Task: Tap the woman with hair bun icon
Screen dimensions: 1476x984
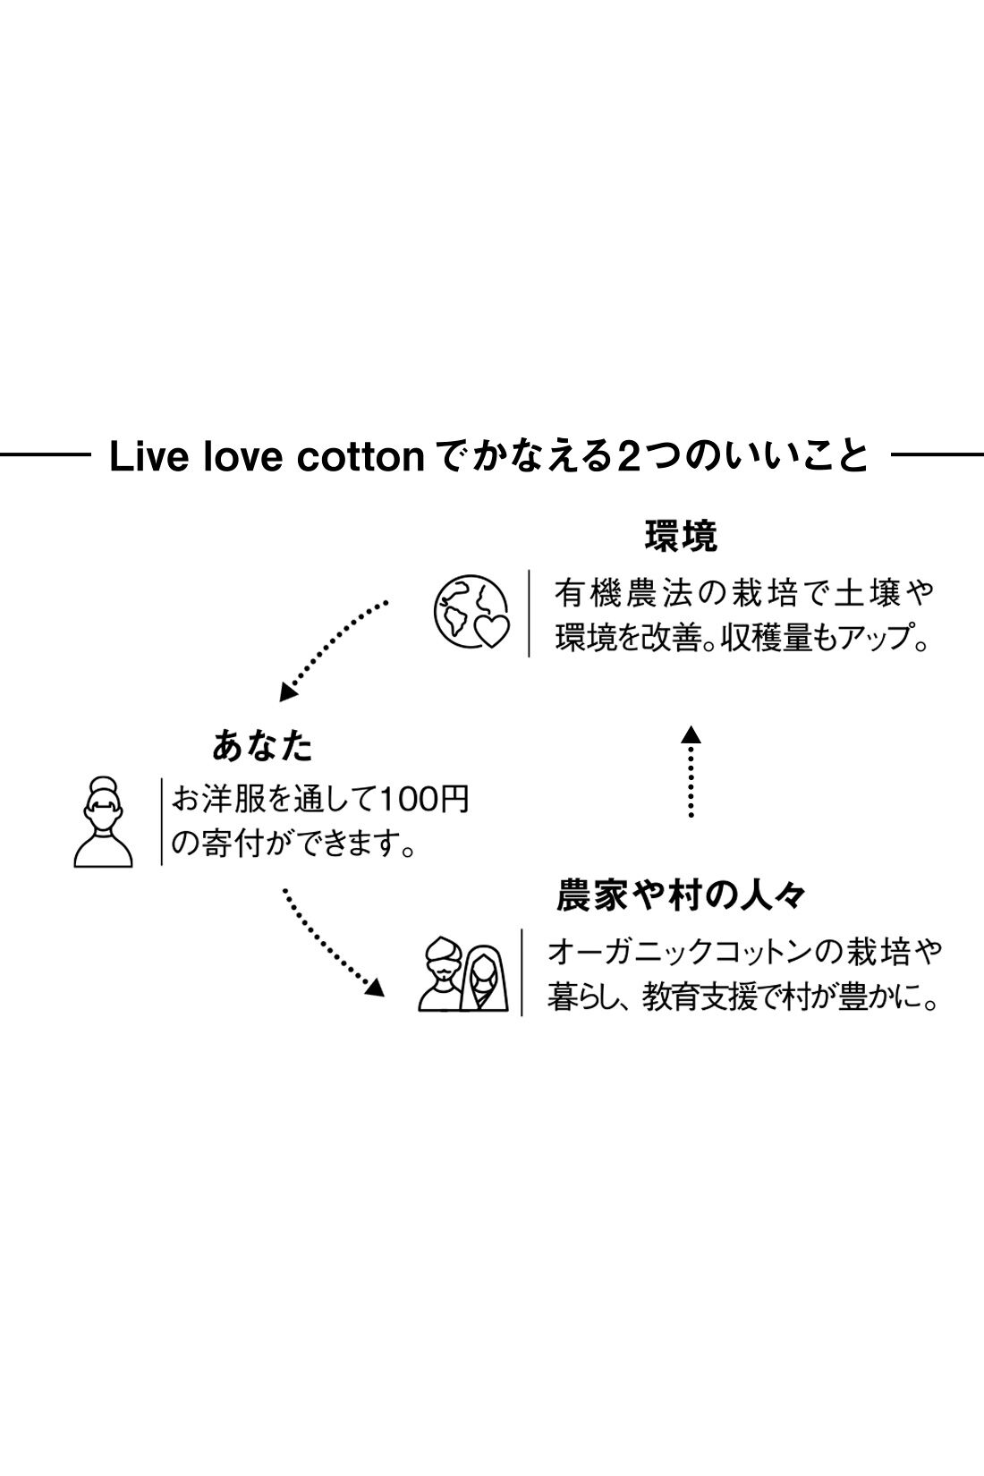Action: pyautogui.click(x=103, y=821)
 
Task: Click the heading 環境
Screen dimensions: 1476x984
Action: pyautogui.click(x=681, y=537)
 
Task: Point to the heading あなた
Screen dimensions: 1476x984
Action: pyautogui.click(x=263, y=745)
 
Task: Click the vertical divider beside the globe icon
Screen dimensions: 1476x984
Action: pyautogui.click(x=529, y=614)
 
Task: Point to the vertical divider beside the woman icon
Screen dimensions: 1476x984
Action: pyautogui.click(x=161, y=821)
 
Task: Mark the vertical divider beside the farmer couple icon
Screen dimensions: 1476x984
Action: pyautogui.click(x=522, y=972)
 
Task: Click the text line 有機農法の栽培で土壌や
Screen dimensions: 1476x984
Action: pyautogui.click(x=743, y=594)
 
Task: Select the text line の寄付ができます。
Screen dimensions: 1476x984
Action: pyautogui.click(x=294, y=844)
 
